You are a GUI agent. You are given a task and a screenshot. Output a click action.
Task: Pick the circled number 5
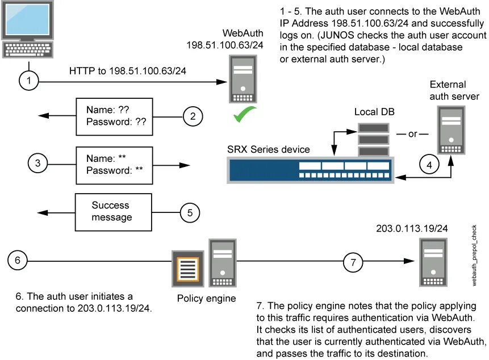pos(190,214)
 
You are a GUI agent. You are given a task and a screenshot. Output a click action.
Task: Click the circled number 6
pos(19,261)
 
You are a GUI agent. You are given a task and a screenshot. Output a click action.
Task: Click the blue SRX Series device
pos(311,170)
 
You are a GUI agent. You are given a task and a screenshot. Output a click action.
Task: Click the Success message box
pos(114,212)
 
